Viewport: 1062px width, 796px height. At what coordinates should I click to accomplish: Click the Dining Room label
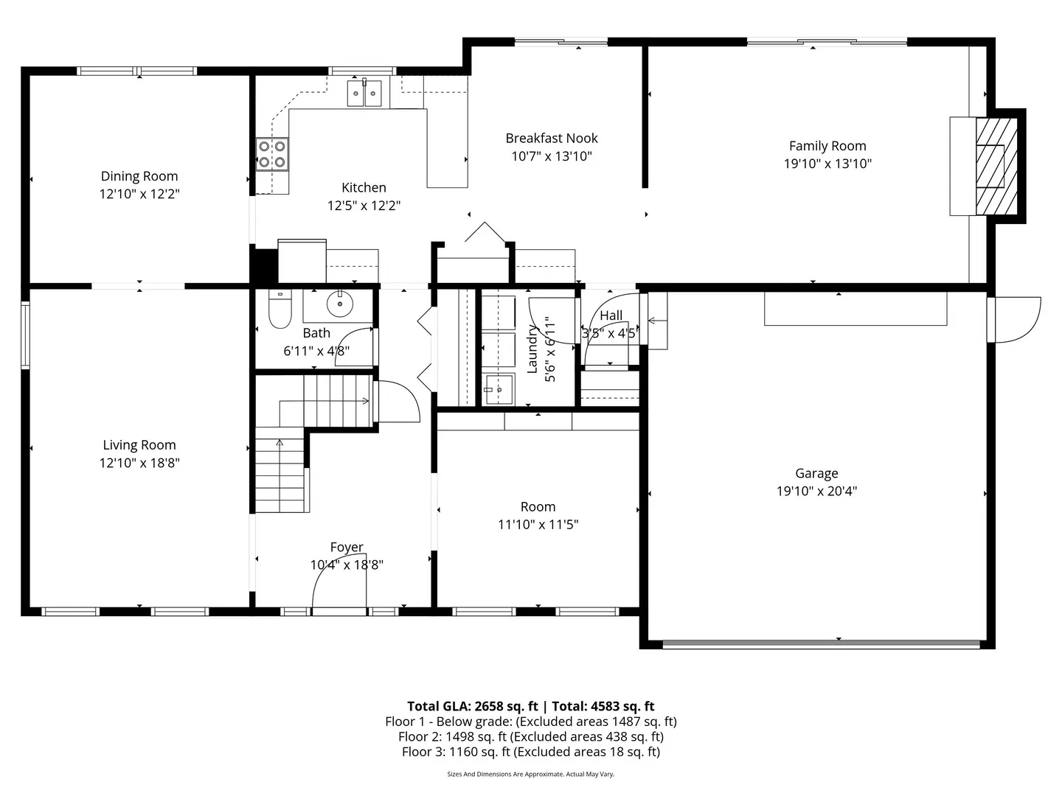[x=139, y=176]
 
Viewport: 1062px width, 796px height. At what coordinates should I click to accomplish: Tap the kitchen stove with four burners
[x=272, y=154]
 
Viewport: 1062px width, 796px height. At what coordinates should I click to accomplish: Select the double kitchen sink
[x=364, y=94]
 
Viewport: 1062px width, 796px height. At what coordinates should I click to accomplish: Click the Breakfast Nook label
[x=551, y=138]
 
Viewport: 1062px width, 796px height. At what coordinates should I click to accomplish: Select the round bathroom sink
[x=339, y=303]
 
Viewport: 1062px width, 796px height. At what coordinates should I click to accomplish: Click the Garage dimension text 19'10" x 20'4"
[x=816, y=492]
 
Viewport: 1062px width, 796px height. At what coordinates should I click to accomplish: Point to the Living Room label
[x=139, y=445]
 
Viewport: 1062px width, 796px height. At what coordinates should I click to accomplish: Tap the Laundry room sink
[x=499, y=388]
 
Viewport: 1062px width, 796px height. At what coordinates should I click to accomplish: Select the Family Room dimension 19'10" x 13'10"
[x=827, y=164]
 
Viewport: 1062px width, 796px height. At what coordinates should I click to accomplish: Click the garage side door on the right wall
[x=1014, y=319]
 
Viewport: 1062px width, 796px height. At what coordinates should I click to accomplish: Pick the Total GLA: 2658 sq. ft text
[x=472, y=706]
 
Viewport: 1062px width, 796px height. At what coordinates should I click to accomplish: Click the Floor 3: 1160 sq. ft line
[x=530, y=752]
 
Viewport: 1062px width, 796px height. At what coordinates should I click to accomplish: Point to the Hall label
[x=611, y=315]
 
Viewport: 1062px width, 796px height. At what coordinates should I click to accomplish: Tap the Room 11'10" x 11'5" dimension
[x=538, y=525]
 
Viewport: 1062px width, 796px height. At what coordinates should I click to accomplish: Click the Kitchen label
[x=364, y=188]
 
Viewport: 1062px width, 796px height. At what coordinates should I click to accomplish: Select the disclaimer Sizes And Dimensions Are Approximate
[x=530, y=775]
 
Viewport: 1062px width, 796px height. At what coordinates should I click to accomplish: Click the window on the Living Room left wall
[x=25, y=335]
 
